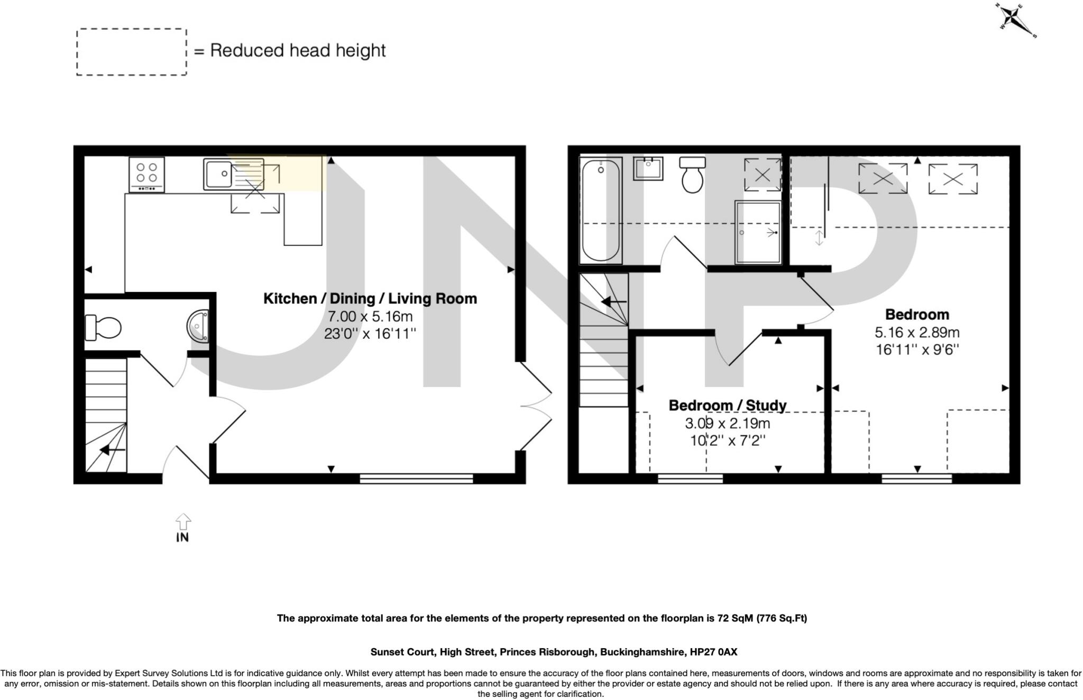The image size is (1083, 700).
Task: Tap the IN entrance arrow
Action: pos(183,522)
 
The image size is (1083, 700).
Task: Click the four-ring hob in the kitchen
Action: pos(146,174)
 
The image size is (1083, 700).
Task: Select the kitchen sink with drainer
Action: pos(233,174)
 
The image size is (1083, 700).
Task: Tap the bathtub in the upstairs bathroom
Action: pos(601,210)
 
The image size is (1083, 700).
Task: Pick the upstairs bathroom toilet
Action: pos(692,175)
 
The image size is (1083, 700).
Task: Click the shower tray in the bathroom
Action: pos(758,232)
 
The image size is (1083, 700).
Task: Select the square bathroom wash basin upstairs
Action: pos(648,169)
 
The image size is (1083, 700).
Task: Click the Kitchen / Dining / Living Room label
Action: pos(370,299)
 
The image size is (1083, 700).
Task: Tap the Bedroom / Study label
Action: pos(728,406)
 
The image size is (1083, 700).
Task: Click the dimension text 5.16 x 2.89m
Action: pos(917,333)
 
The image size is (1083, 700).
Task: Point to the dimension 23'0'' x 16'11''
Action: pos(370,334)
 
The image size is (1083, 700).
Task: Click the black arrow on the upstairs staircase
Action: pos(613,302)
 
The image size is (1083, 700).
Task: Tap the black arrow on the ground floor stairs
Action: pos(112,450)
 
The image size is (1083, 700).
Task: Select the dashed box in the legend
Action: pos(132,52)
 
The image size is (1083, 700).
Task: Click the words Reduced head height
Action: pos(298,51)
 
